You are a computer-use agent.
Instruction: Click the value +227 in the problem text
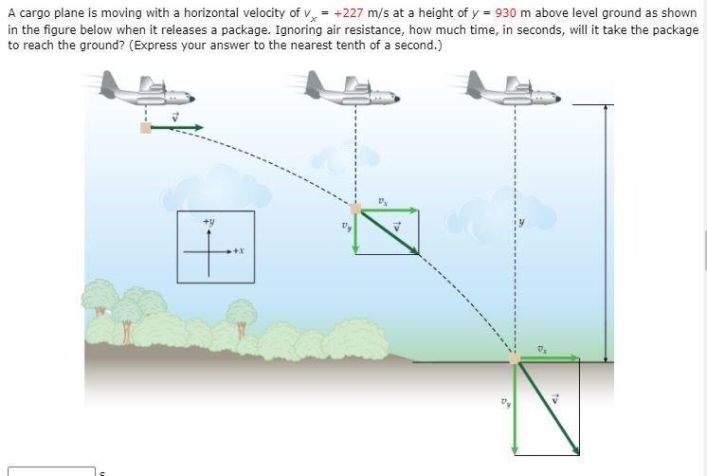pos(351,13)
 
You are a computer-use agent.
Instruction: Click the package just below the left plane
pos(146,127)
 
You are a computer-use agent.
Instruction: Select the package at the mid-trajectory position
pos(355,209)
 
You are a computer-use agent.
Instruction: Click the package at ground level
pos(515,358)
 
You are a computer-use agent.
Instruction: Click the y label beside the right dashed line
pos(519,224)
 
